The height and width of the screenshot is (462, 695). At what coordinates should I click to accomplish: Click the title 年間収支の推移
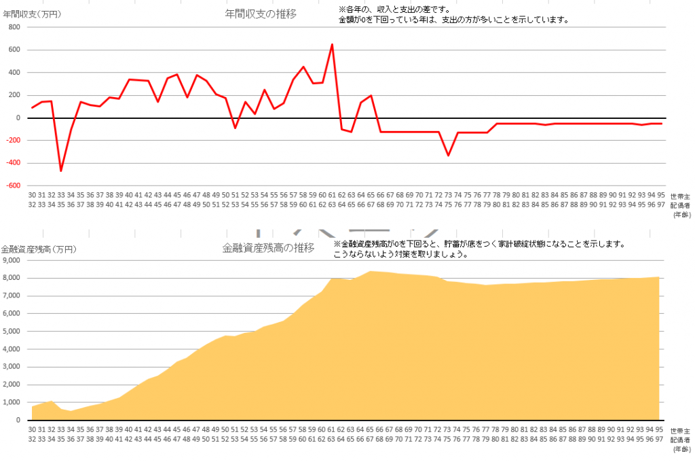point(261,14)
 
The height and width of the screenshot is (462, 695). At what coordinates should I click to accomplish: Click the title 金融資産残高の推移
point(268,248)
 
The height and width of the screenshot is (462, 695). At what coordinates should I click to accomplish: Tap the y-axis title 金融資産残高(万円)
point(39,249)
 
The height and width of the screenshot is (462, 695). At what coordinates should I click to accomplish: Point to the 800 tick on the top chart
point(15,27)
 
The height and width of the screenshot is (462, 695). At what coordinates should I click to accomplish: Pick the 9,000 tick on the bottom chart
point(14,260)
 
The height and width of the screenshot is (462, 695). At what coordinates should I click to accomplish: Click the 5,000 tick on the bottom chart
point(14,332)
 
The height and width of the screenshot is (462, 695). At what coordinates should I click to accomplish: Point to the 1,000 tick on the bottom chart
point(14,403)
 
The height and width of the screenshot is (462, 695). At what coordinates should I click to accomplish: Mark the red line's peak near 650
point(332,45)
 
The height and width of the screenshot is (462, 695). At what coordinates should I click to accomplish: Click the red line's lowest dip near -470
point(61,171)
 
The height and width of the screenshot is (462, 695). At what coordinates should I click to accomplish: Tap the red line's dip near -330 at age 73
point(448,155)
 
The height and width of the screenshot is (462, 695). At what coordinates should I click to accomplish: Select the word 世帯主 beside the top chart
point(680,194)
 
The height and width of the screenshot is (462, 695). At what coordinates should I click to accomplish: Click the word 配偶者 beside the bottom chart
point(680,440)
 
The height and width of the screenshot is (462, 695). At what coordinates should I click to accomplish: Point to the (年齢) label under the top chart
point(681,214)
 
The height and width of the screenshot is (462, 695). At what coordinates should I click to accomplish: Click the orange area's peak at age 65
point(370,272)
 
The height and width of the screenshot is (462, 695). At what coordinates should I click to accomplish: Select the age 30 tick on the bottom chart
point(32,429)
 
